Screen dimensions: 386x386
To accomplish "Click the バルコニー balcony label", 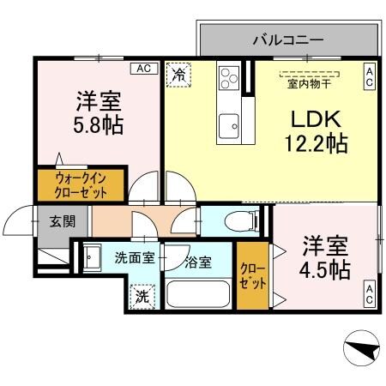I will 287,39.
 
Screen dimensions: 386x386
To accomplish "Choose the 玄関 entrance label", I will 61,221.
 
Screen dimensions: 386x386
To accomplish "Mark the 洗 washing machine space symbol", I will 140,296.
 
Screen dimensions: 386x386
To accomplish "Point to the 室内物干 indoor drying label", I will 310,83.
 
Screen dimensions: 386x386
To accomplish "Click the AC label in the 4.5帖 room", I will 370,298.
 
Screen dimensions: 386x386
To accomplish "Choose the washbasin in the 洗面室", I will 93,256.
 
